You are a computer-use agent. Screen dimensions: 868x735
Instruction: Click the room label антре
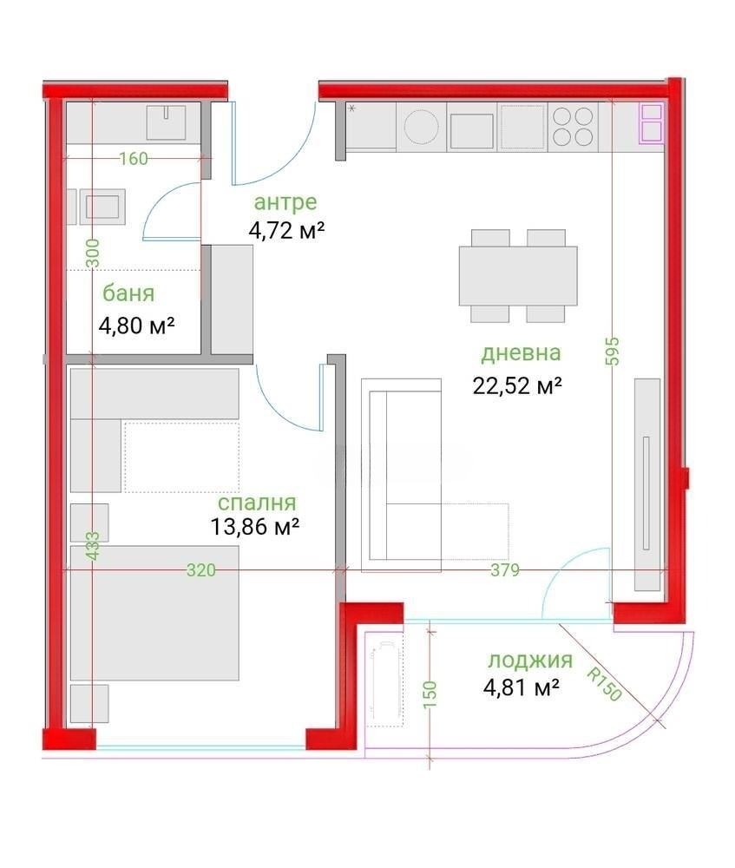click(x=285, y=203)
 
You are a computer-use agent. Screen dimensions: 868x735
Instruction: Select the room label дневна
click(x=521, y=354)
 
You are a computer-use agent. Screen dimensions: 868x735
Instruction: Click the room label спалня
click(x=257, y=503)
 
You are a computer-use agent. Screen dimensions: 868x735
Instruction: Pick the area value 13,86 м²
click(x=255, y=526)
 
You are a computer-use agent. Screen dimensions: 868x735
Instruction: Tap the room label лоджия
click(x=530, y=661)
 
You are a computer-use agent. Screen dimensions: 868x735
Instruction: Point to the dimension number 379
click(x=504, y=570)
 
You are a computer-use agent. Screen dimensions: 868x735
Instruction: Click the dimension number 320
click(x=201, y=570)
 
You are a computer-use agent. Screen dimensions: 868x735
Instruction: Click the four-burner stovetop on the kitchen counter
click(x=573, y=127)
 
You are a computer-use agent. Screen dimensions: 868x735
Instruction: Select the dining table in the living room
click(x=518, y=275)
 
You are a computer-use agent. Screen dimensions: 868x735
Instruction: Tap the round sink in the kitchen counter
click(x=422, y=127)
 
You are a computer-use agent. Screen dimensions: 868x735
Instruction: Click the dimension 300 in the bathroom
click(x=93, y=253)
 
